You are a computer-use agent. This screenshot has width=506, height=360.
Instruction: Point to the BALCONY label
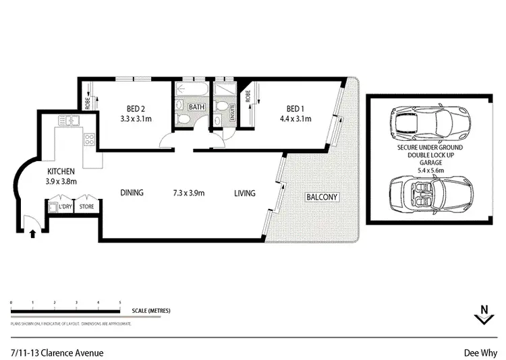[322, 198]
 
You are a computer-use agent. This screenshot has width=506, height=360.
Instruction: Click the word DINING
[132, 193]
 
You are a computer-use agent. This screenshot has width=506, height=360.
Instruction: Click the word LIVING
[244, 193]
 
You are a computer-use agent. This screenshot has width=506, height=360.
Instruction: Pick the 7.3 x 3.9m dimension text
[188, 193]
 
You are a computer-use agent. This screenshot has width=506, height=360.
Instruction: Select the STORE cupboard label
[86, 207]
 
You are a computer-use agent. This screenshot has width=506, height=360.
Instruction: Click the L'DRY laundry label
[65, 207]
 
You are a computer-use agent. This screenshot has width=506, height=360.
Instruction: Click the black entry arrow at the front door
[32, 233]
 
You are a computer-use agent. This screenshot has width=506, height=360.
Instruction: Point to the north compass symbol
[482, 315]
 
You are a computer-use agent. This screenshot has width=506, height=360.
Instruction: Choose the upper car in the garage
[424, 122]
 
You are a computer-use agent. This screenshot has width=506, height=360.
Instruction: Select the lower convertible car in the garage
[424, 197]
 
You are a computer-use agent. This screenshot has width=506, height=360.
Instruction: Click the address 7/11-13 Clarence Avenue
[57, 351]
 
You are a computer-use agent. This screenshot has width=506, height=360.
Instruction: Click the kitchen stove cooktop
[88, 140]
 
